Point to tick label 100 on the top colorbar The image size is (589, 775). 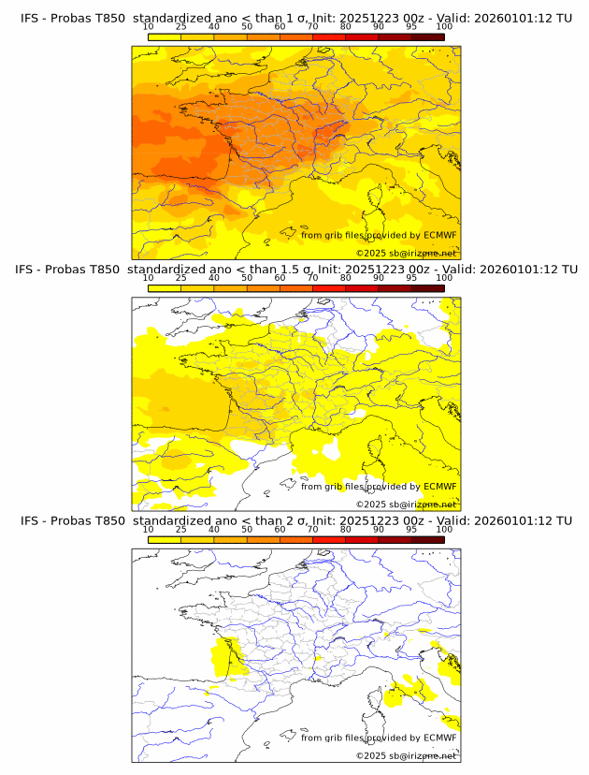444,27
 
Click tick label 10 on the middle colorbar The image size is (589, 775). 149,278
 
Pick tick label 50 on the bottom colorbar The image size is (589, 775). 247,529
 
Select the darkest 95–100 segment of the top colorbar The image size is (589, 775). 427,37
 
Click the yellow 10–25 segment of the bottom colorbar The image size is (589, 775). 165,539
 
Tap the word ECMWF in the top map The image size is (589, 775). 440,235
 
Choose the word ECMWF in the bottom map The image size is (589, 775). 440,738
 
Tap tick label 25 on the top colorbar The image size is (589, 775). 181,27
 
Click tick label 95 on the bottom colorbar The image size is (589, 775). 411,529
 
